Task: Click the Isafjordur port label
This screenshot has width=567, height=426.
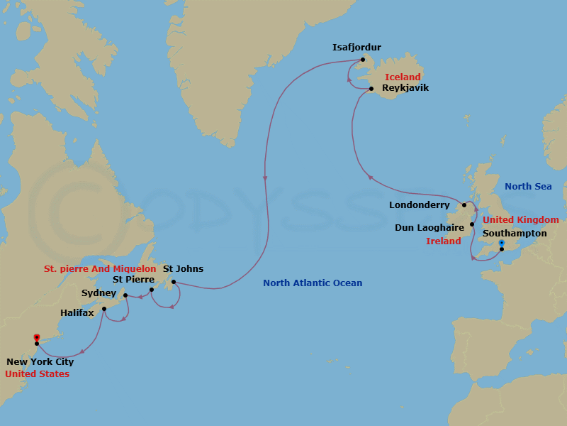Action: click(357, 48)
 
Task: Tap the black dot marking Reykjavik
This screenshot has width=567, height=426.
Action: click(371, 89)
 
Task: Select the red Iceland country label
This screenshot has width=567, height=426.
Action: click(403, 77)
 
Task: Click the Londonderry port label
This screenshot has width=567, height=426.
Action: click(419, 205)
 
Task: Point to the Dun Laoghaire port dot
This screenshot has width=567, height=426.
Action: click(472, 224)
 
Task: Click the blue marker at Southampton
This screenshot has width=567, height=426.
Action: click(501, 244)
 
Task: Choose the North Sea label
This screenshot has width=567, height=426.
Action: click(528, 187)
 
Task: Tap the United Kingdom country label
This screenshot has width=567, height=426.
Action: click(521, 220)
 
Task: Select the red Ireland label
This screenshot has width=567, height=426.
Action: click(444, 241)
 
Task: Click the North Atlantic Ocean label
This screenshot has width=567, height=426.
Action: click(313, 283)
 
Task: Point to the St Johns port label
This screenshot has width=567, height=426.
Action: click(183, 269)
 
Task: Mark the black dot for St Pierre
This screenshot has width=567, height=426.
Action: click(152, 290)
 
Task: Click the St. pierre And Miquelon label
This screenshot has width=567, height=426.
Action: click(99, 269)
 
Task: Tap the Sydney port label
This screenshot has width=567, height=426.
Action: click(99, 293)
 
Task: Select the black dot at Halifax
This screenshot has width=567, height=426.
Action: click(104, 308)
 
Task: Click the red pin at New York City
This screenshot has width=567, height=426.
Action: click(36, 337)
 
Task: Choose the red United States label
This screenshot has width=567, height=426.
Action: click(37, 374)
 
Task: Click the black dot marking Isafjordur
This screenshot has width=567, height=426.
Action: click(362, 60)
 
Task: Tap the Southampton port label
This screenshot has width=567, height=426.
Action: click(515, 233)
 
